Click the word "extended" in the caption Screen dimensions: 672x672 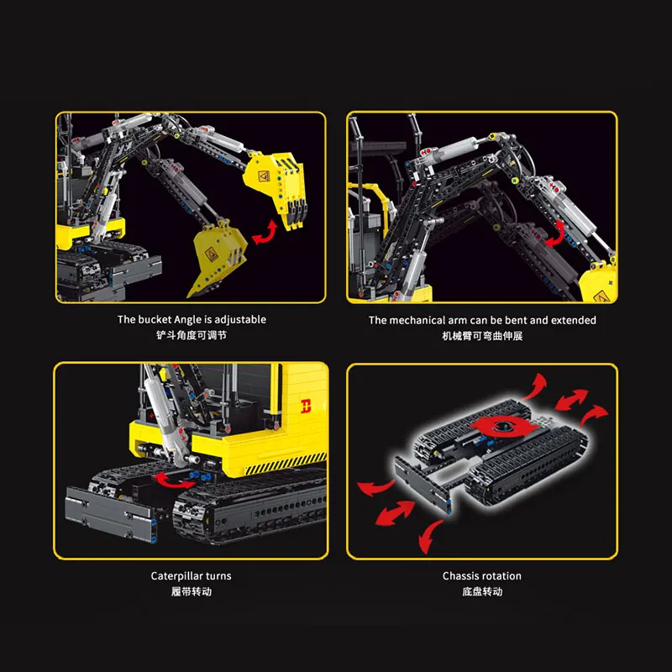(x=575, y=320)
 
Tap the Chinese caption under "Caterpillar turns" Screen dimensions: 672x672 (x=191, y=591)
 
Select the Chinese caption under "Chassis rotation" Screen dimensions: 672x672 (x=482, y=591)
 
